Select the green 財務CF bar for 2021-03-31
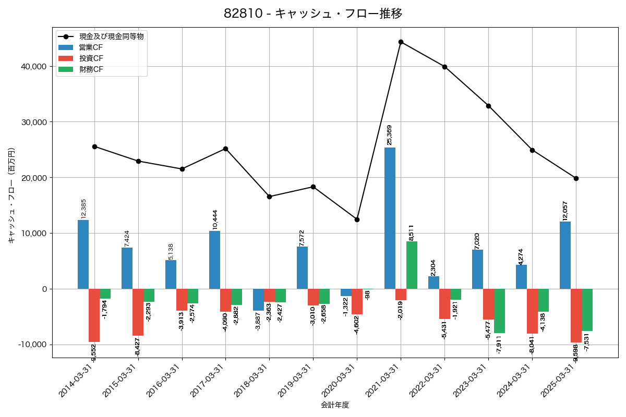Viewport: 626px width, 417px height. [x=412, y=265]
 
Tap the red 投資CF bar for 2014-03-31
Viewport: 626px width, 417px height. [x=94, y=315]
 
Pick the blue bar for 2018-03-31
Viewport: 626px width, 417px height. [x=258, y=300]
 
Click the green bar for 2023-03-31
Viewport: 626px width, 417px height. [x=499, y=311]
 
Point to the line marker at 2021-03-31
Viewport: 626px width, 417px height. [x=401, y=42]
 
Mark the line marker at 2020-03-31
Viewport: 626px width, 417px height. [x=357, y=219]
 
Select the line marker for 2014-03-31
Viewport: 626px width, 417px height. [x=94, y=146]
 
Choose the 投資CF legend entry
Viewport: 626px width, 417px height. [x=91, y=58]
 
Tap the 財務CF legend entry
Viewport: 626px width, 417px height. [x=91, y=69]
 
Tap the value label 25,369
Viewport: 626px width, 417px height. [x=389, y=135]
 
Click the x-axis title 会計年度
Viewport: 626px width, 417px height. [x=335, y=405]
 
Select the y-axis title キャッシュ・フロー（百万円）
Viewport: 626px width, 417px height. [x=11, y=195]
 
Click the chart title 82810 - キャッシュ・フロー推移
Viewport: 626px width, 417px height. [x=313, y=14]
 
